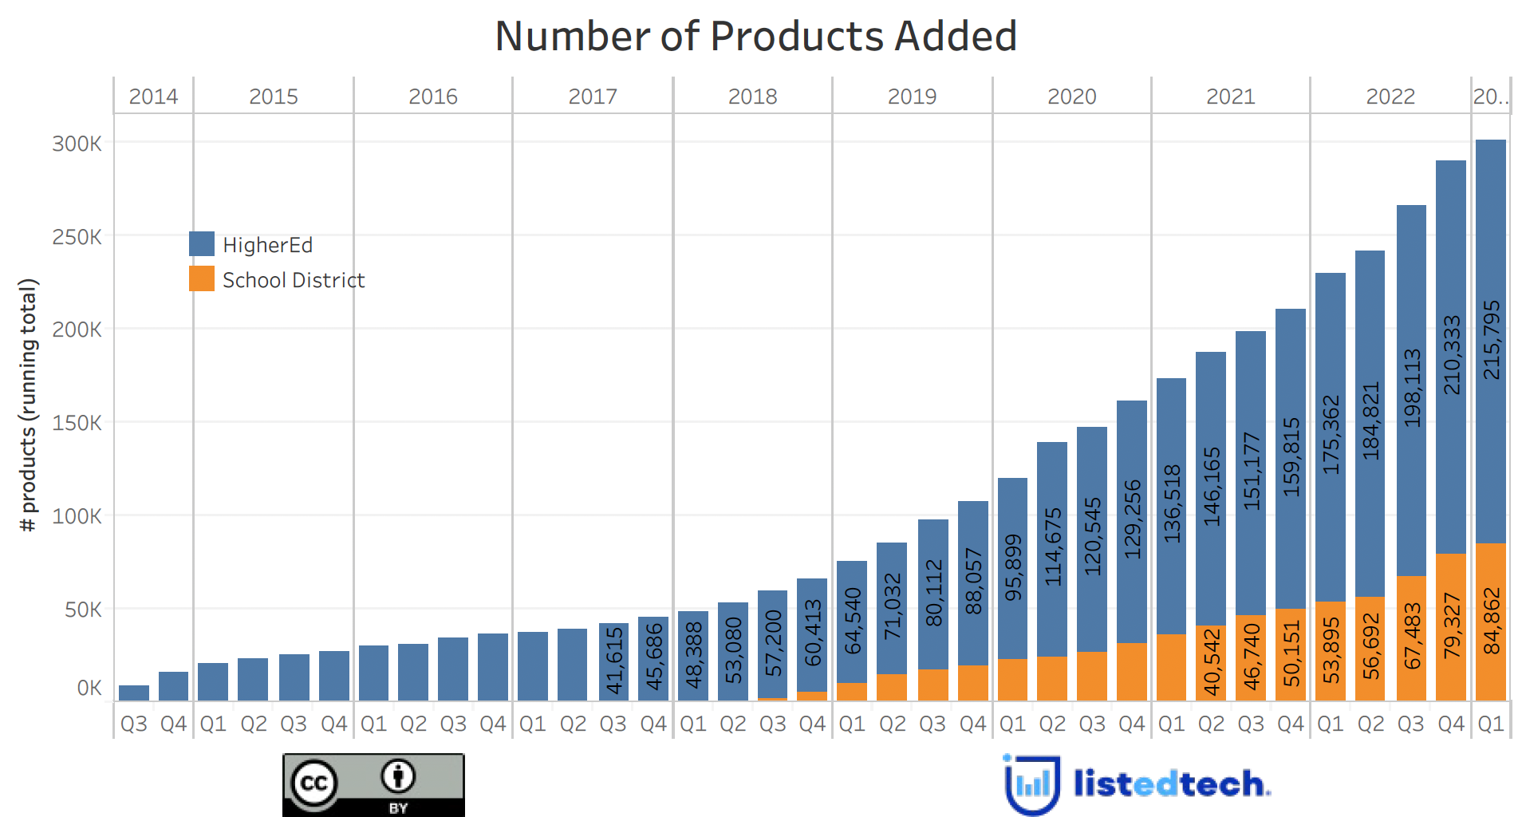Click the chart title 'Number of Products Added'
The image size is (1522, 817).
pyautogui.click(x=755, y=37)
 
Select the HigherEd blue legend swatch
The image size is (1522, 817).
pyautogui.click(x=201, y=244)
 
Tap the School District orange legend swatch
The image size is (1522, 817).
pyautogui.click(x=201, y=279)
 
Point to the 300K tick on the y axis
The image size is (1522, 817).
pyautogui.click(x=77, y=144)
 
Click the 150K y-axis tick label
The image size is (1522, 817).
pyautogui.click(x=77, y=423)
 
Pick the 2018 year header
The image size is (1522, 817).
pyautogui.click(x=752, y=97)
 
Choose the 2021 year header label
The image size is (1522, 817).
pyautogui.click(x=1230, y=97)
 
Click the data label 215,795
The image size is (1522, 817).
pyautogui.click(x=1491, y=340)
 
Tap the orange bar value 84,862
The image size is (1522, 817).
pyautogui.click(x=1491, y=622)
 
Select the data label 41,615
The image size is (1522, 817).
pyautogui.click(x=613, y=660)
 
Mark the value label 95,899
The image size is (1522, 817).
pyautogui.click(x=1012, y=568)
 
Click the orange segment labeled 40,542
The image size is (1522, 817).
pyautogui.click(x=1211, y=661)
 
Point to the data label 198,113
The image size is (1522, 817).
pyautogui.click(x=1411, y=388)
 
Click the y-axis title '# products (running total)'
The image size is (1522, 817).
pyautogui.click(x=29, y=405)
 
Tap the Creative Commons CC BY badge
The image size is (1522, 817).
pyautogui.click(x=373, y=785)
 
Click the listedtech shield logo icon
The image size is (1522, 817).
pyautogui.click(x=1031, y=785)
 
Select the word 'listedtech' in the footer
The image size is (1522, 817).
pyautogui.click(x=1170, y=783)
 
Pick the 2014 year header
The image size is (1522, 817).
pyautogui.click(x=153, y=97)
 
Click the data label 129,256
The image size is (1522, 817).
pyautogui.click(x=1132, y=519)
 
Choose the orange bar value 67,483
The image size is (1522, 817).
pyautogui.click(x=1411, y=636)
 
